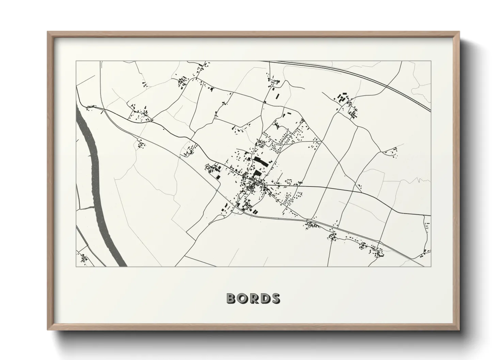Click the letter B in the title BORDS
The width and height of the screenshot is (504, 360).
[x=232, y=298]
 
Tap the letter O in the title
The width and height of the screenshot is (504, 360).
[x=242, y=298]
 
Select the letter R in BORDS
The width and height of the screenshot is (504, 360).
[x=253, y=298]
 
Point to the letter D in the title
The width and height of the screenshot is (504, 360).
[x=264, y=298]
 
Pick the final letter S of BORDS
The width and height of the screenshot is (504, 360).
[x=275, y=298]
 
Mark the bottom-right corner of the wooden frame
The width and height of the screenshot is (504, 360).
[x=459, y=330]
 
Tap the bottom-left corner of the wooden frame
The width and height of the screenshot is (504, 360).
[x=48, y=330]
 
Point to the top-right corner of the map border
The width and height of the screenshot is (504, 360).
[x=431, y=61]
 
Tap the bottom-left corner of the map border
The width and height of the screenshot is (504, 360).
[x=76, y=266]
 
